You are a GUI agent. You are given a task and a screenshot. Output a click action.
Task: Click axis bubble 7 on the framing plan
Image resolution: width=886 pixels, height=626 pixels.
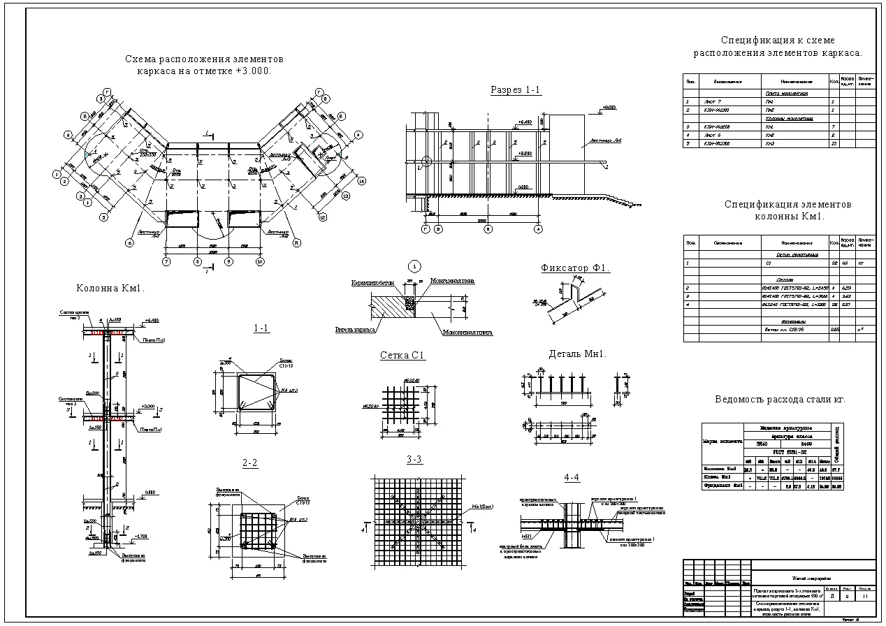click(166, 261)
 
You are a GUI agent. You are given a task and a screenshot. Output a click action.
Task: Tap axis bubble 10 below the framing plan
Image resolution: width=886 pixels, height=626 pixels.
click(260, 261)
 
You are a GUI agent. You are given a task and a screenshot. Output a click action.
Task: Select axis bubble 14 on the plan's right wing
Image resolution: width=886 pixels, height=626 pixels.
click(361, 181)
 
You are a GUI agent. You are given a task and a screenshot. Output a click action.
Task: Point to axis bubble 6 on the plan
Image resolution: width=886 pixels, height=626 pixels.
click(129, 243)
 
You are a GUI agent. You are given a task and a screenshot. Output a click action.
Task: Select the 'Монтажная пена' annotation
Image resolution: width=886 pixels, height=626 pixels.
click(453, 280)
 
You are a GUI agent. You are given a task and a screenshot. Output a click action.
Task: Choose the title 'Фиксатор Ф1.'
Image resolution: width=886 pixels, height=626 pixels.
click(575, 268)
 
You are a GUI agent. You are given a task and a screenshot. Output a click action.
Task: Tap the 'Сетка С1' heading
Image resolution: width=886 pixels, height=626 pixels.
click(402, 356)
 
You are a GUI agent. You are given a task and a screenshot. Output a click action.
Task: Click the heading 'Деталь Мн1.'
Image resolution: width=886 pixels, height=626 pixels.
click(577, 354)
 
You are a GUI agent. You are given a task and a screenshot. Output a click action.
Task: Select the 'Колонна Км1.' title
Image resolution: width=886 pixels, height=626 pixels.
click(110, 288)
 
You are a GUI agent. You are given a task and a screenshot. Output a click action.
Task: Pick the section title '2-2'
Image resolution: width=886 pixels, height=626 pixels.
click(250, 463)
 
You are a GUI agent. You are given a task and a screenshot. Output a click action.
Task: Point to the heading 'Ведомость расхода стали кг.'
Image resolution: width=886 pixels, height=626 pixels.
click(780, 400)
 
